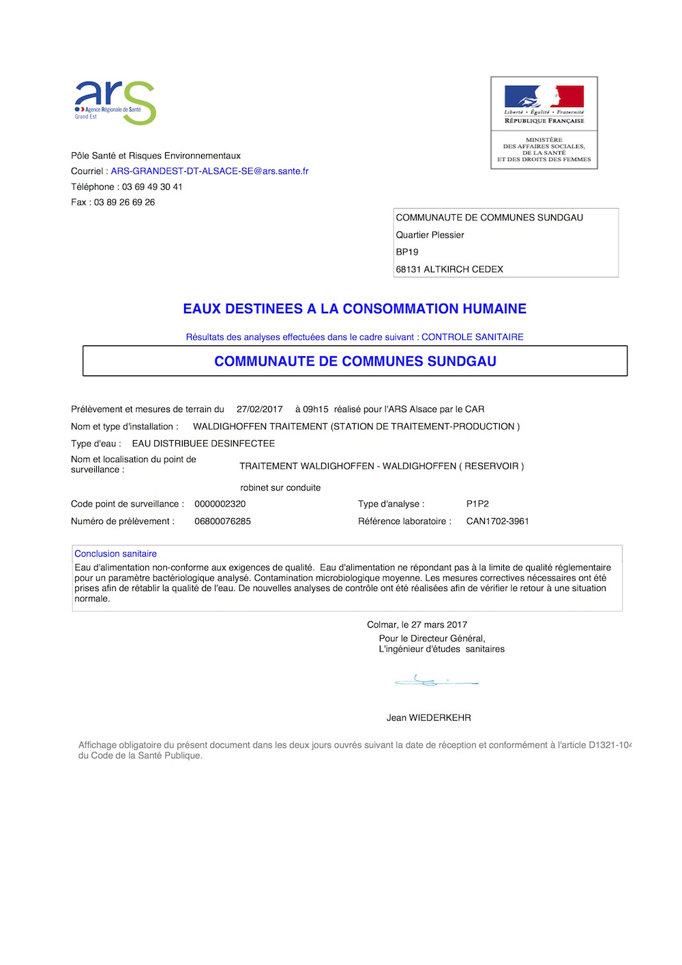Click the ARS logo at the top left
click(x=115, y=102)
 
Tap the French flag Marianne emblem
click(x=544, y=97)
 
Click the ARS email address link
click(x=209, y=171)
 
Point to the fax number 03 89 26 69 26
click(x=124, y=203)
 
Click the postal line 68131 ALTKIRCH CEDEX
click(x=449, y=270)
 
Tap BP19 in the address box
click(x=407, y=252)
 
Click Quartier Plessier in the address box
click(x=430, y=235)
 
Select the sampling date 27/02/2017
click(x=259, y=409)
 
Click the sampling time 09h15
click(x=315, y=409)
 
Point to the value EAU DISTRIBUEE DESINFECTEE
click(x=203, y=444)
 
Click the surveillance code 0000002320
click(x=220, y=504)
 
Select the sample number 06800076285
click(x=222, y=521)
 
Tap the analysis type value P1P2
click(x=477, y=504)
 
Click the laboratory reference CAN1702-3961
click(x=497, y=521)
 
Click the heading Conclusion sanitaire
click(x=115, y=554)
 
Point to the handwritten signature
click(x=435, y=680)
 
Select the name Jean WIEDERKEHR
click(x=428, y=718)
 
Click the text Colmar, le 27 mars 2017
click(x=417, y=625)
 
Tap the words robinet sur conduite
click(x=280, y=488)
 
